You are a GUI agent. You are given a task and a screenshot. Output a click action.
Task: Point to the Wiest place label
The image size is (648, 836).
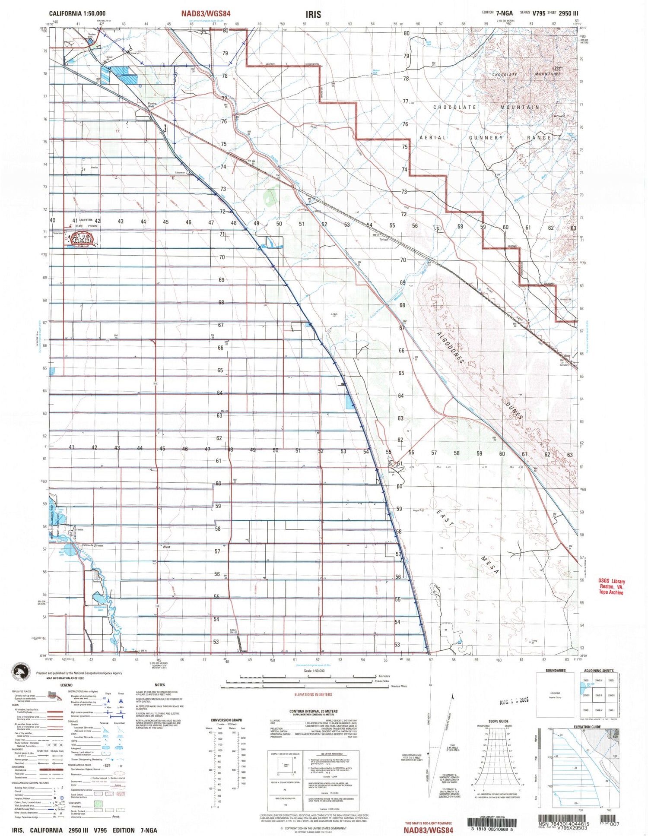pyautogui.click(x=166, y=547)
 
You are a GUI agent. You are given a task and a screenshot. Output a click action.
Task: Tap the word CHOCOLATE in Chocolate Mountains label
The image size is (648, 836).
pyautogui.click(x=505, y=75)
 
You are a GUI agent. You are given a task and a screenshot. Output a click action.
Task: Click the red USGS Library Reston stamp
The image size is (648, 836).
pyautogui.click(x=611, y=587)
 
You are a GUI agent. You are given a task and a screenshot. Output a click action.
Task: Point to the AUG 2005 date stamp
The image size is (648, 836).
pyautogui.click(x=514, y=702)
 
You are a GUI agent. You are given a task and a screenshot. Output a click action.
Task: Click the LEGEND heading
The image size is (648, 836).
pyautogui.click(x=66, y=685)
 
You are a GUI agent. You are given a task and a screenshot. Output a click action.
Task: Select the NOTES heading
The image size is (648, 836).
pyautogui.click(x=160, y=685)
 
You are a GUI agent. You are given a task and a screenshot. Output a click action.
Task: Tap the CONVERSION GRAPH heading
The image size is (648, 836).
pyautogui.click(x=226, y=720)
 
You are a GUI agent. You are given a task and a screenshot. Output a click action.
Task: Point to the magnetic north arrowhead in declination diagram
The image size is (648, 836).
pyautogui.click(x=452, y=696)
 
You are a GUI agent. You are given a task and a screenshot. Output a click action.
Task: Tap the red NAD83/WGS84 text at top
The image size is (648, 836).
pyautogui.click(x=206, y=14)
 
